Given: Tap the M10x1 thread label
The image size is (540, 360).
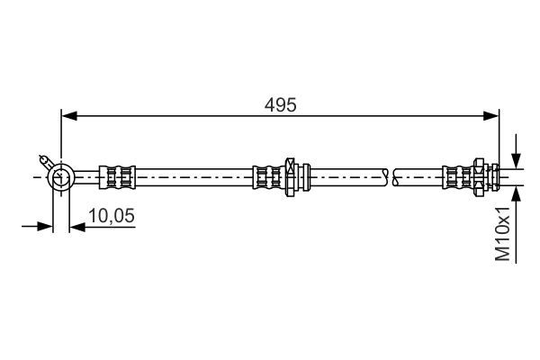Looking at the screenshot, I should click(503, 233).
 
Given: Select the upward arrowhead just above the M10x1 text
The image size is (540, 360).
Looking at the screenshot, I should click(515, 191).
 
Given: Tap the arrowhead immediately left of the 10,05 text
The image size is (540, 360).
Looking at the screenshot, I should click(76, 227).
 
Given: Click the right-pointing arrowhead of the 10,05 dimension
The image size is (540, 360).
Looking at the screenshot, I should click(46, 227).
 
